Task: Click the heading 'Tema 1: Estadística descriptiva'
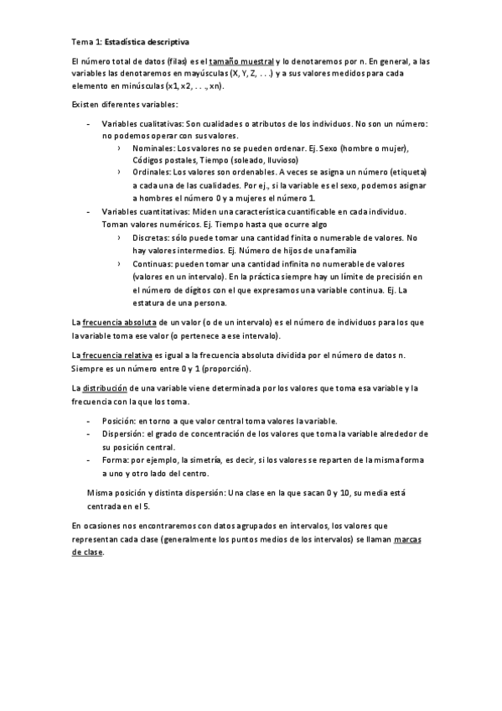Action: coord(131,39)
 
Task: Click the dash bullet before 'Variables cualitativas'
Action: coord(90,124)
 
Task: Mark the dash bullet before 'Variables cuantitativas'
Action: coord(90,214)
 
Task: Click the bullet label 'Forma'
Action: coord(114,460)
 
